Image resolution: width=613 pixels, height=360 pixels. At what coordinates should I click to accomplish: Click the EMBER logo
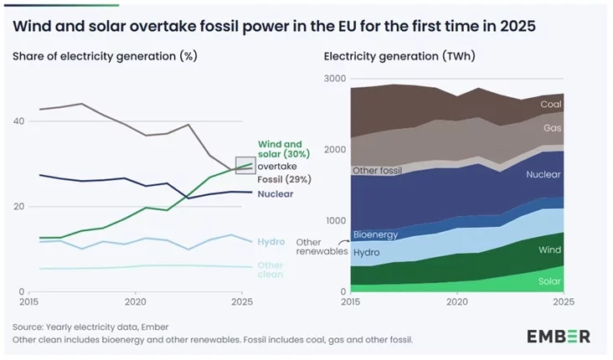(x=558, y=337)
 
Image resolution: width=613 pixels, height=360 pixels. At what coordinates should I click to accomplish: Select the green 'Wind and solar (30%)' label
(x=284, y=149)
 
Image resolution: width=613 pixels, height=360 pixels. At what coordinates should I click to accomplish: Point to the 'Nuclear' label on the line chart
(x=275, y=194)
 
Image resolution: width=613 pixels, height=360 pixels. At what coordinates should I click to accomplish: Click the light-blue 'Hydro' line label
(x=270, y=241)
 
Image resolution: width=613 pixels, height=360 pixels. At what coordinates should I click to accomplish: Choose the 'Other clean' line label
(x=270, y=270)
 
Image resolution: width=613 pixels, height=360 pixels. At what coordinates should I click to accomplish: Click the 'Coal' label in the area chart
(x=550, y=105)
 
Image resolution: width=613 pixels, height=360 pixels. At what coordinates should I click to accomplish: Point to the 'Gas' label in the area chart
(x=552, y=128)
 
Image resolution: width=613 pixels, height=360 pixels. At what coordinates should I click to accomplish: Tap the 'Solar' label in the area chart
(x=549, y=281)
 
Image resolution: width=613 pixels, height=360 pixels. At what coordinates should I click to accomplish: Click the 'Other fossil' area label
(x=379, y=171)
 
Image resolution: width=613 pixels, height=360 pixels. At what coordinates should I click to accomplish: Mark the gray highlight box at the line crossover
(x=245, y=165)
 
